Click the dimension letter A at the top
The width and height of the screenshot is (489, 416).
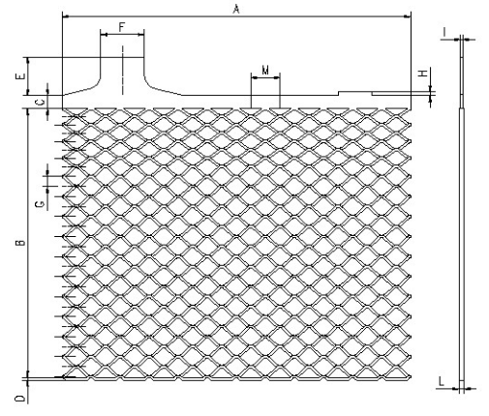pyautogui.click(x=236, y=10)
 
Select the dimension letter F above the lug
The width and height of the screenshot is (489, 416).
pyautogui.click(x=121, y=27)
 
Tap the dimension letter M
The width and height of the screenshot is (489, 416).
pyautogui.click(x=265, y=70)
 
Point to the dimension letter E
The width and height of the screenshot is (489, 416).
pyautogui.click(x=21, y=76)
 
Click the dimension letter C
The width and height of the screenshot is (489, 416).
pyautogui.click(x=41, y=103)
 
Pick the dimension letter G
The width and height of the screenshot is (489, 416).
pyautogui.click(x=40, y=204)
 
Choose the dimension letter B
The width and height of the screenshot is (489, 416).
pyautogui.click(x=20, y=242)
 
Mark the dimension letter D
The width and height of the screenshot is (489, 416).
pyautogui.click(x=20, y=399)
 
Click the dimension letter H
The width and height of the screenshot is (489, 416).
pyautogui.click(x=423, y=74)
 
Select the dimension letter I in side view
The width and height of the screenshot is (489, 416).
pyautogui.click(x=444, y=32)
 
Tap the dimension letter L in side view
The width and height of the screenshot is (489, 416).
pyautogui.click(x=442, y=381)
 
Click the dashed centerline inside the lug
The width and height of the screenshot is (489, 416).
pyautogui.click(x=123, y=71)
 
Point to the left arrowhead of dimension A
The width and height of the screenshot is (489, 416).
pyautogui.click(x=65, y=15)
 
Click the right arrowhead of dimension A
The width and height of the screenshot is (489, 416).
pyautogui.click(x=408, y=15)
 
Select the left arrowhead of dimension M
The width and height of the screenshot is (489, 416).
pyautogui.click(x=254, y=77)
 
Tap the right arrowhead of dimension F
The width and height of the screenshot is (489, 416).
pyautogui.click(x=141, y=34)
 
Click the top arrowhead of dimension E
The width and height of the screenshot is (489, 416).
pyautogui.click(x=28, y=61)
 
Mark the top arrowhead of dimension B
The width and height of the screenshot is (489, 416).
pyautogui.click(x=28, y=111)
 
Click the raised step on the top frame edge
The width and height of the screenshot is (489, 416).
pyautogui.click(x=355, y=92)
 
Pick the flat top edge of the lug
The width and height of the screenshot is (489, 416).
pyautogui.click(x=122, y=58)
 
